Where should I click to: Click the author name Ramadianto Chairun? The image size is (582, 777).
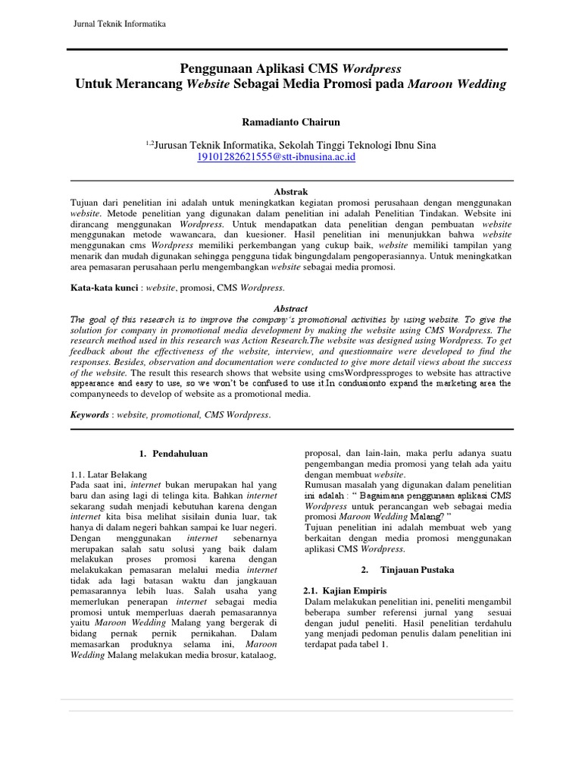(291, 121)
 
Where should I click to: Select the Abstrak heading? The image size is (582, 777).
(290, 192)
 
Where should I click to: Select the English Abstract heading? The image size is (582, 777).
(290, 309)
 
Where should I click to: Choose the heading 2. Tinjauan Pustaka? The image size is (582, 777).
(417, 569)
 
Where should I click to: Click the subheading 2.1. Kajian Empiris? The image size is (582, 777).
(345, 590)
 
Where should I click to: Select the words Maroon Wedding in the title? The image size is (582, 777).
(457, 84)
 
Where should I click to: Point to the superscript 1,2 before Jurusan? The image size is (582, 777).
(149, 142)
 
